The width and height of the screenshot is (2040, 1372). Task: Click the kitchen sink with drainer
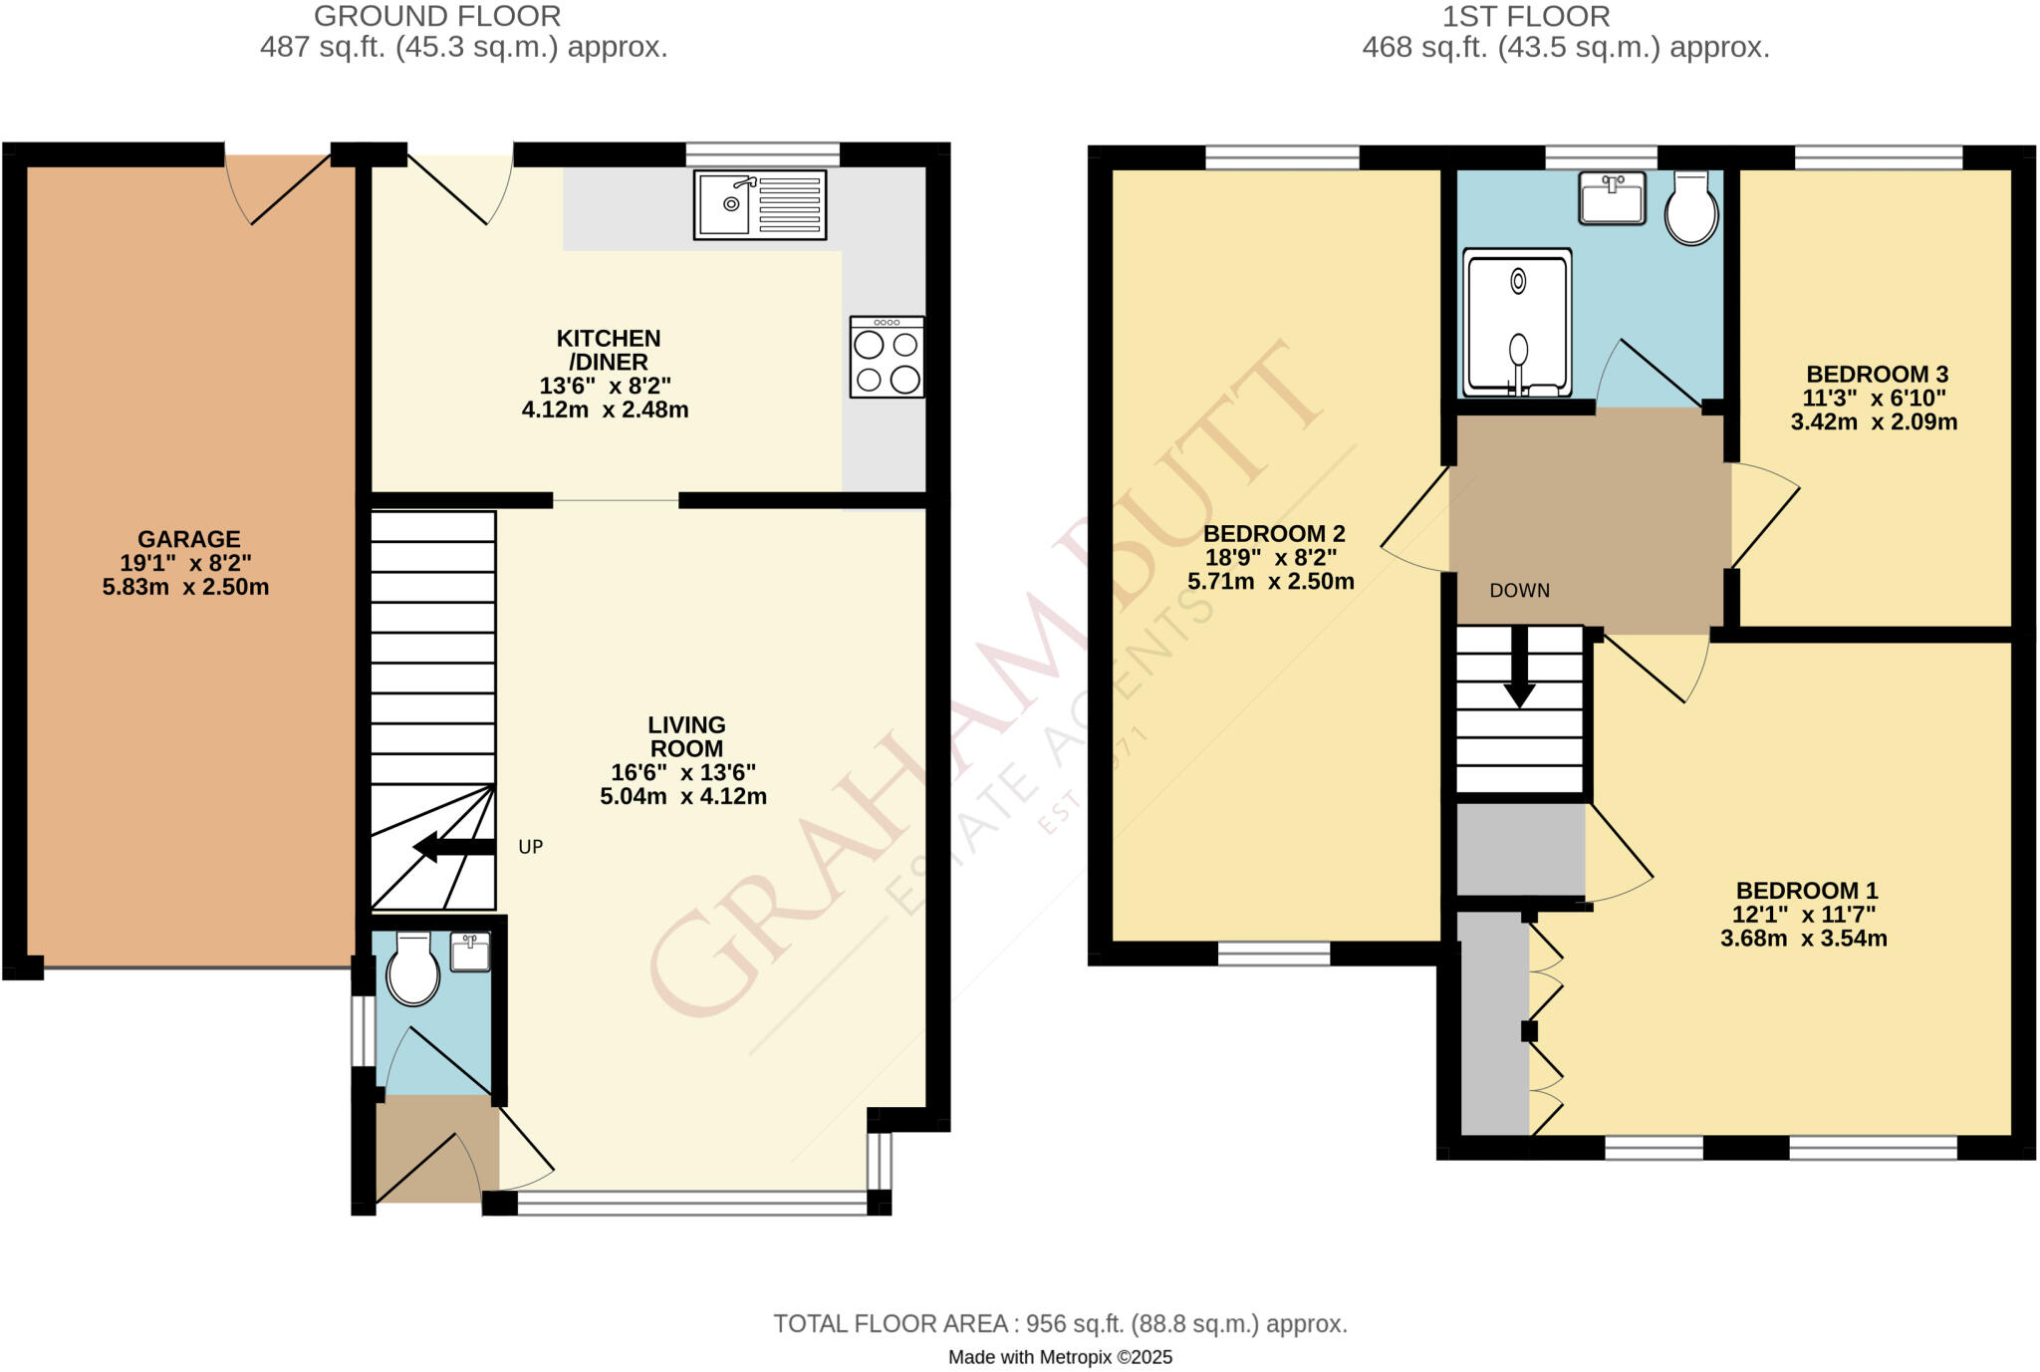point(760,205)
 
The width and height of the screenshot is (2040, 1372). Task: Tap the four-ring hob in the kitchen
point(887,357)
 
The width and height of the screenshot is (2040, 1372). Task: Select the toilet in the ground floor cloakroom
point(412,969)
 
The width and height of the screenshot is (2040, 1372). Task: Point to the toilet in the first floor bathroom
point(1691,208)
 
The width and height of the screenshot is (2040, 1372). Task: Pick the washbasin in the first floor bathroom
point(1612,197)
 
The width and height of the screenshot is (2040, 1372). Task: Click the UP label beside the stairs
point(531,847)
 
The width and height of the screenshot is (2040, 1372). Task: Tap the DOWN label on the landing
point(1519,591)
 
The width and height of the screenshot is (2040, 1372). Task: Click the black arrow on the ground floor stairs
point(454,847)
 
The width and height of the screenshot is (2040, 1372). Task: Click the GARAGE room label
point(188,539)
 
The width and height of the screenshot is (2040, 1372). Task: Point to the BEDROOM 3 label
point(1877,375)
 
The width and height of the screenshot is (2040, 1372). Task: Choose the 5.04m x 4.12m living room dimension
point(683,796)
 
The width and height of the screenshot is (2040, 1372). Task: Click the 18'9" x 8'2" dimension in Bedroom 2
point(1271,558)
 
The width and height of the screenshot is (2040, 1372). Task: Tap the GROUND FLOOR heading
point(437,17)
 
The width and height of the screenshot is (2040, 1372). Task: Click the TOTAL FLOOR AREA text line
point(1060,1324)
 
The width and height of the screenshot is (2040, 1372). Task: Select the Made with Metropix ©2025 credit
point(1060,1357)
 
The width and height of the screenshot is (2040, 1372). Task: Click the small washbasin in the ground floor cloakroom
point(469,953)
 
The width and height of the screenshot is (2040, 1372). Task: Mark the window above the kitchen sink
point(762,154)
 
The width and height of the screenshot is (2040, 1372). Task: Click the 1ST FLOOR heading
point(1526,17)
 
